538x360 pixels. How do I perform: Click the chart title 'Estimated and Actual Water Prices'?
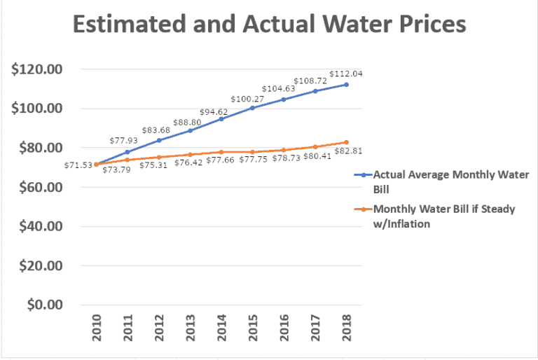[269, 25]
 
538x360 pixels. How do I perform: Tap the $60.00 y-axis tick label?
[41, 187]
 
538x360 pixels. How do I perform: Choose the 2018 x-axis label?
[346, 329]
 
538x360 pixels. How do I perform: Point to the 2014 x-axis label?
[221, 329]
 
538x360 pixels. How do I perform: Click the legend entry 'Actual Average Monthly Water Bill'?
[450, 181]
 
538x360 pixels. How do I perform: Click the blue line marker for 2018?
[346, 85]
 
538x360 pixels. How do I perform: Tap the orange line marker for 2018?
[346, 142]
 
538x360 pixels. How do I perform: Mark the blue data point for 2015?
[252, 108]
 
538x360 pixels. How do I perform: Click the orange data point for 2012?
[158, 157]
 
